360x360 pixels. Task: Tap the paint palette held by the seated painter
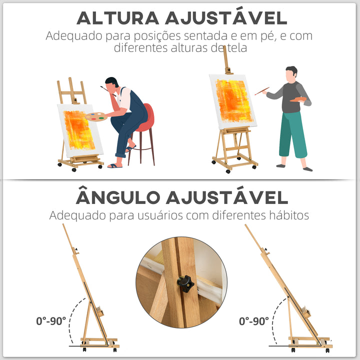pos(95,117)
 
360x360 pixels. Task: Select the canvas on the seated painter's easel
pos(79,130)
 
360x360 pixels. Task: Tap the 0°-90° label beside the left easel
pos(51,320)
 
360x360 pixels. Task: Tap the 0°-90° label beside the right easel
pos(253,320)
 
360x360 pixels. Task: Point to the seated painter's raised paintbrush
pos(104,89)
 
